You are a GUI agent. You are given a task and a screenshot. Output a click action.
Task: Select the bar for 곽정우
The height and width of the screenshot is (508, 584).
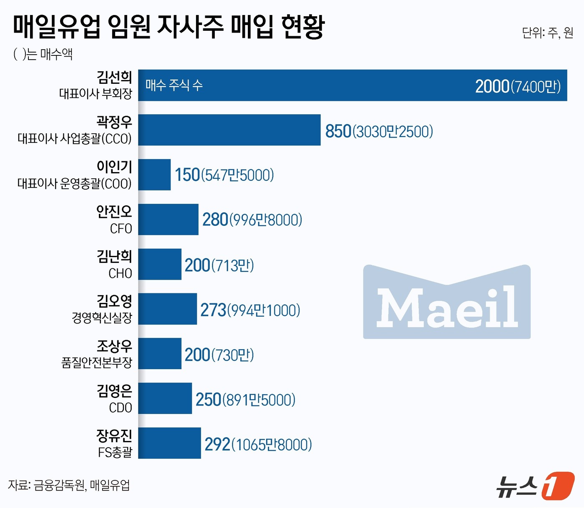pos(229,130)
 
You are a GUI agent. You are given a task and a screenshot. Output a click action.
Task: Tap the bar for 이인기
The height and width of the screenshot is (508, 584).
pos(154,175)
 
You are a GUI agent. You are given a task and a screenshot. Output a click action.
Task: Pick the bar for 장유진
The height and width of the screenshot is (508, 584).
pos(169,443)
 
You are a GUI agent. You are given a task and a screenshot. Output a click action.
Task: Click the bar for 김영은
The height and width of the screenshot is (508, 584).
pos(165,398)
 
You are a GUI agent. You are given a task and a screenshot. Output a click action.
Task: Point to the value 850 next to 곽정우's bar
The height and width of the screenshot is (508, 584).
pos(338,131)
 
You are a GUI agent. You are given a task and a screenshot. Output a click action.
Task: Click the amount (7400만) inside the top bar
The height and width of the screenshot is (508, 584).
pos(536,87)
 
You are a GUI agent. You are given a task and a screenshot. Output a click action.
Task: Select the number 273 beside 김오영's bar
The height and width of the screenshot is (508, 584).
pos(213,310)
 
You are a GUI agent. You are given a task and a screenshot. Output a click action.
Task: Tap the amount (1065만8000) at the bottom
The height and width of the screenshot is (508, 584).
pos(272,445)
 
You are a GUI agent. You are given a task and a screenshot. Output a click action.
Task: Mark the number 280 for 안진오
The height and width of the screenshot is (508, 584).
pos(215,220)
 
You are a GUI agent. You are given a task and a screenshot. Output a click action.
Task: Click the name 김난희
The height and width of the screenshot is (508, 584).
pos(114,256)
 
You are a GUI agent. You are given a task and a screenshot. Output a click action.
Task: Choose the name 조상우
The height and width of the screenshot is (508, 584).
pos(114,346)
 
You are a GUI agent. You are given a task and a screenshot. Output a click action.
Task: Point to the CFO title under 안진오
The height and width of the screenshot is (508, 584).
pos(121,229)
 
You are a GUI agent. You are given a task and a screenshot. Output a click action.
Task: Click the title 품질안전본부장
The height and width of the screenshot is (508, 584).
pos(97,363)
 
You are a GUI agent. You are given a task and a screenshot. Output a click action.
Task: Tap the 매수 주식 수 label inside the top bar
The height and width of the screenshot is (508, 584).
pos(174,85)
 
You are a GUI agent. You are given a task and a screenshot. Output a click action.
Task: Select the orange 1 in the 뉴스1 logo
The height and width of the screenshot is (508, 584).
pos(558,485)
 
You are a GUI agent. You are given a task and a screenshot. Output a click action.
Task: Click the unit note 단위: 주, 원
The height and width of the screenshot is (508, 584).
pos(547,33)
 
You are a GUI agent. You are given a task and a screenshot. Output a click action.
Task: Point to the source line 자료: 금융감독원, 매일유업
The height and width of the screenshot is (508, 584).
pos(69,485)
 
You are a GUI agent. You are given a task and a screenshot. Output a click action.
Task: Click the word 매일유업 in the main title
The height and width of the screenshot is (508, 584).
pos(57,27)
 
